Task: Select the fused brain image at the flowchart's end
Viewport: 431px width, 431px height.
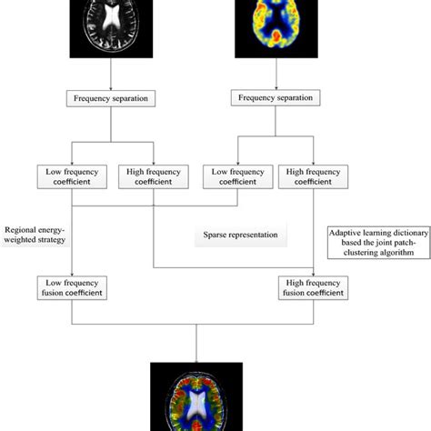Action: point(196,396)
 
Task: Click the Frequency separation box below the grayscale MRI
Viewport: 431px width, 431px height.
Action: point(110,97)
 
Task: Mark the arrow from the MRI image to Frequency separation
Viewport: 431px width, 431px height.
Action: point(110,73)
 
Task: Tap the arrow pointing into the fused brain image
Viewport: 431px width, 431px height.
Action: point(196,346)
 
